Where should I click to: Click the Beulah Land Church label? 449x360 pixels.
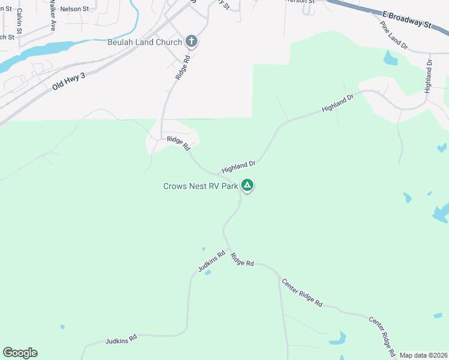click(x=145, y=41)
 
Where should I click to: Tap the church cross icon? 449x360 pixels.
click(x=191, y=41)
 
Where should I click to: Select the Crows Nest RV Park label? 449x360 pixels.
click(x=200, y=186)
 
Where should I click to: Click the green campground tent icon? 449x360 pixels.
click(x=247, y=186)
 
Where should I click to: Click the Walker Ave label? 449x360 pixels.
click(x=53, y=18)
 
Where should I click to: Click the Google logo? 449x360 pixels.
click(x=20, y=353)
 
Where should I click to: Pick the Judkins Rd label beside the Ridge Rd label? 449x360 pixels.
click(x=211, y=262)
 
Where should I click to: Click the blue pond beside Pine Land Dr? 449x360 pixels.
click(x=390, y=59)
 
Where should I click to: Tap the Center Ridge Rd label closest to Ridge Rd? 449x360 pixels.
click(x=302, y=292)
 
